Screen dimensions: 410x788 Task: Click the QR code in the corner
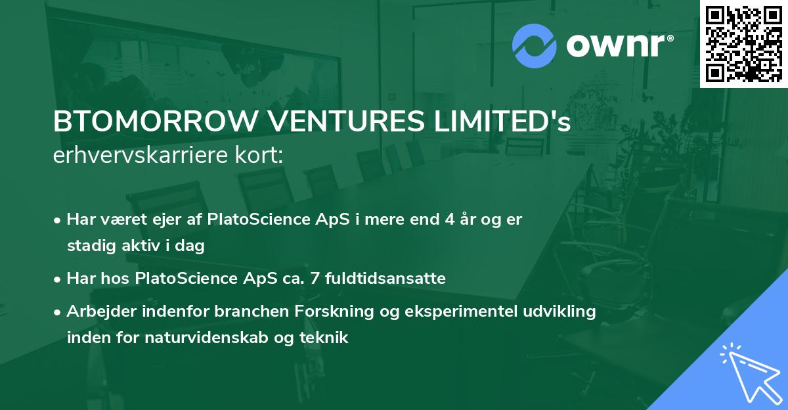click(743, 43)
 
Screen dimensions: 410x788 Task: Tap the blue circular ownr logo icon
click(534, 46)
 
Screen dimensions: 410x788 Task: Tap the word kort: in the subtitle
click(261, 156)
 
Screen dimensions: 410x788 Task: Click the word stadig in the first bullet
click(89, 246)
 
